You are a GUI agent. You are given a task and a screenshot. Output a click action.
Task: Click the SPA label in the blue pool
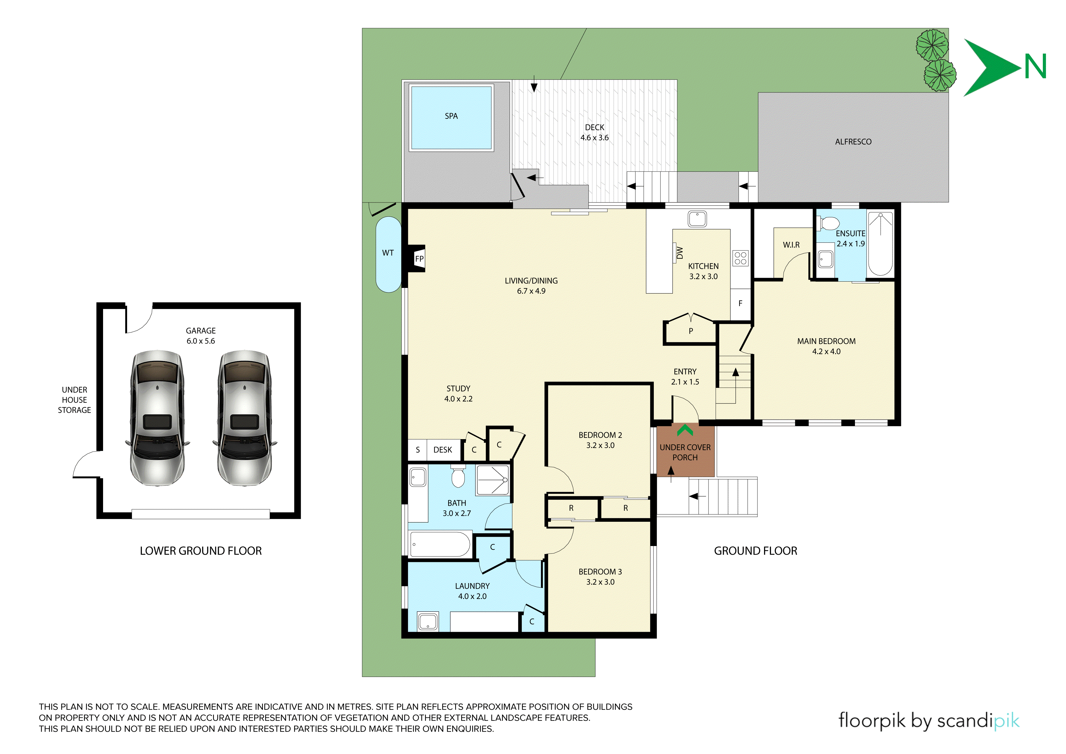(451, 116)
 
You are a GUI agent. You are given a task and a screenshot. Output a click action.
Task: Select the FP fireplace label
(419, 259)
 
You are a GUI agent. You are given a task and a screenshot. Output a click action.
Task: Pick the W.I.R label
(791, 245)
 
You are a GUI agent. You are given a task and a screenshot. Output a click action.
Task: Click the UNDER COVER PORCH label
(685, 452)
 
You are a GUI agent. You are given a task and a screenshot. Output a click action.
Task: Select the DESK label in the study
(442, 450)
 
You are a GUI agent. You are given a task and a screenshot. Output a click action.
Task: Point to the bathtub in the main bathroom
(440, 544)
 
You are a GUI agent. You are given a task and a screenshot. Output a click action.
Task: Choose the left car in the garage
(157, 418)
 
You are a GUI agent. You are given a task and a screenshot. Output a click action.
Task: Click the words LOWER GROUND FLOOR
(201, 551)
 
